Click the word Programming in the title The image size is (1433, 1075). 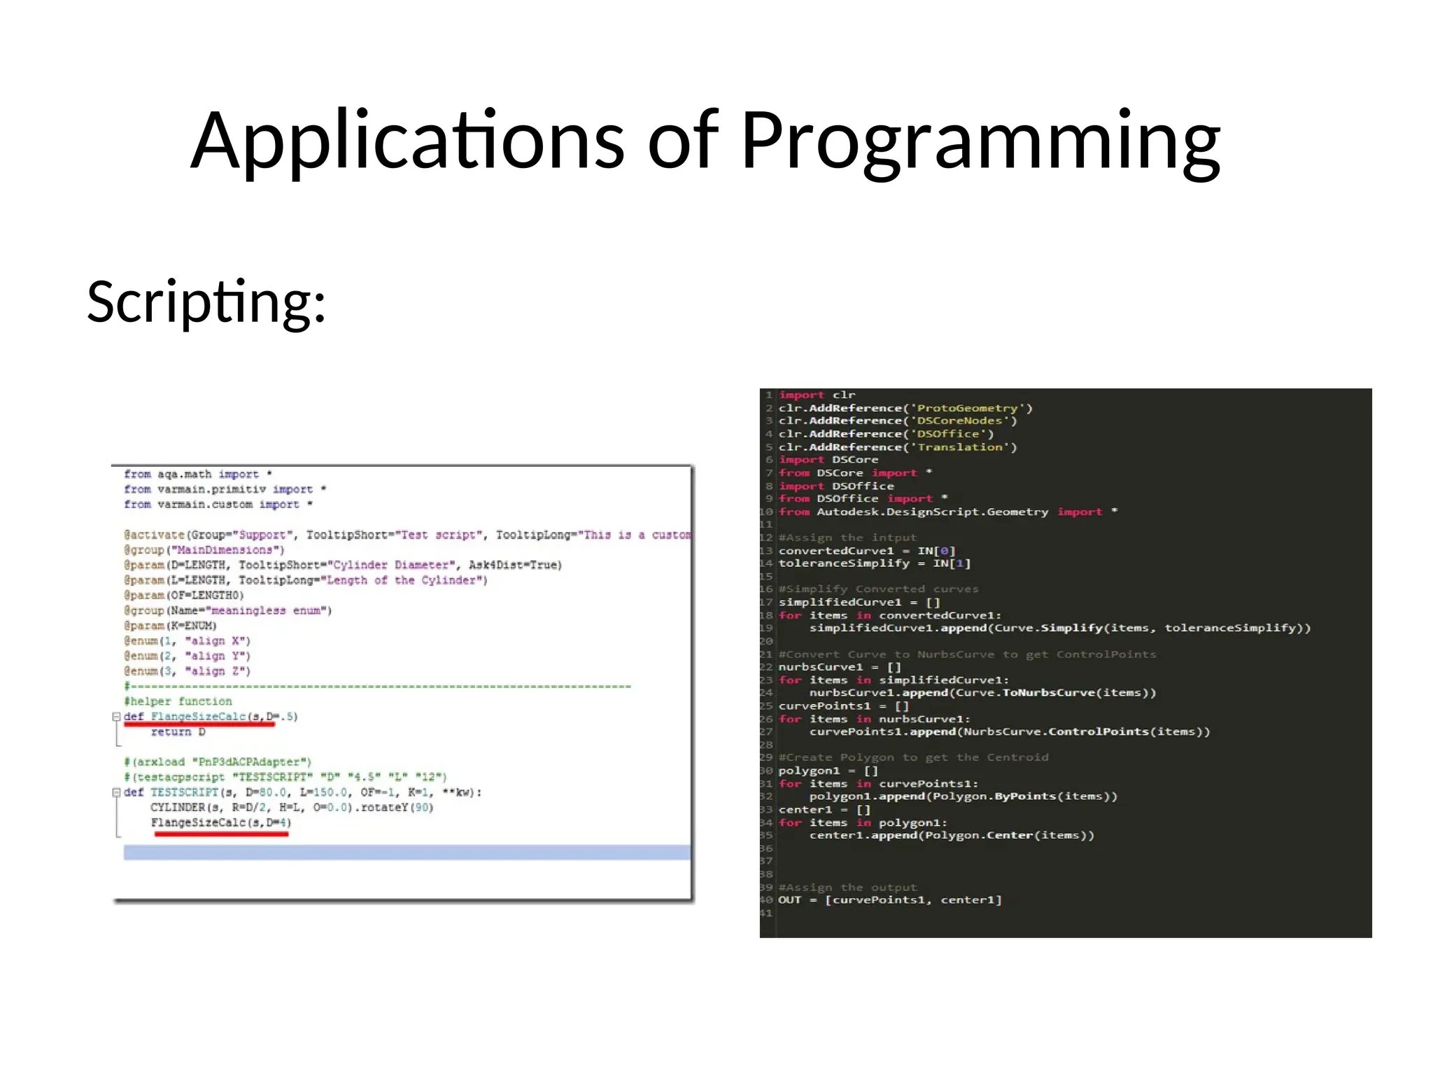980,141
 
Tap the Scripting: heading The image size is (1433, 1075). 206,302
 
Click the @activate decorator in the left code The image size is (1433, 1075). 155,535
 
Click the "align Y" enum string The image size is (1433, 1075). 218,656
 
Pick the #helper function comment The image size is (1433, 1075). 178,701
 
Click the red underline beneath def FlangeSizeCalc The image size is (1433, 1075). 199,725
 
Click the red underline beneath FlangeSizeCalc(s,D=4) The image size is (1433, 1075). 221,834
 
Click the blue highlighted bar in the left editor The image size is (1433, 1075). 407,852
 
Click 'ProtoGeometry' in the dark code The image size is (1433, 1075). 967,408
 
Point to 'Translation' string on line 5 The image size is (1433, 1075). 959,447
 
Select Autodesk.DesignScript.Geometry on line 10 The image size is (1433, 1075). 932,512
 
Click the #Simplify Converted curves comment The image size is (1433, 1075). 878,589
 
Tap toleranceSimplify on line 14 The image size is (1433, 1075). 844,563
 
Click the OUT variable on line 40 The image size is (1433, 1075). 789,900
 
